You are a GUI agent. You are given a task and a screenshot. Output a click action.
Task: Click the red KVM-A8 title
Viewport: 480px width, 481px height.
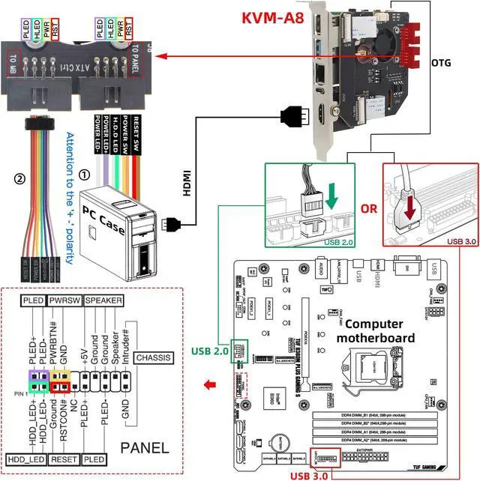pos(272,17)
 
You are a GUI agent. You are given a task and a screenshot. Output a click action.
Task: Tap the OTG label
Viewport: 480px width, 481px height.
pos(442,63)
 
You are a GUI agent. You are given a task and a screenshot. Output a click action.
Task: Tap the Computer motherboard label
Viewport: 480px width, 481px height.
pos(379,330)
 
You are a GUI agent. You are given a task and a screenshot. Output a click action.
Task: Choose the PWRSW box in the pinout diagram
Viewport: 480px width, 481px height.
pos(65,300)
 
